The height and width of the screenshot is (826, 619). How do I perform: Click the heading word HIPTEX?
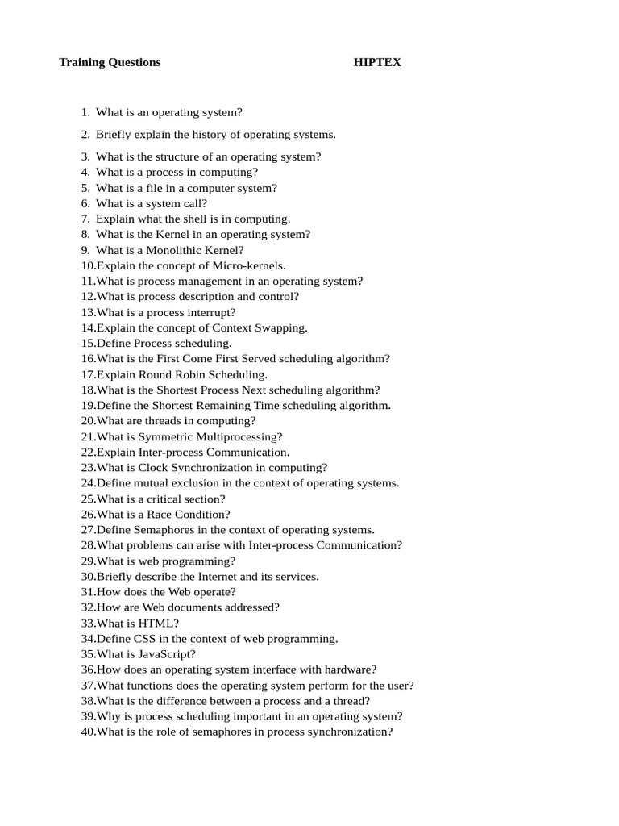point(377,62)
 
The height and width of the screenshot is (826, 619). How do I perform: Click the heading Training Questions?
point(110,62)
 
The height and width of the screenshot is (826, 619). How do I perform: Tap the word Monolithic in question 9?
point(172,250)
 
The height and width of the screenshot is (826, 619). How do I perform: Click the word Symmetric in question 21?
point(161,436)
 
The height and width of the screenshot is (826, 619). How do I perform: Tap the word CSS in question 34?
point(145,639)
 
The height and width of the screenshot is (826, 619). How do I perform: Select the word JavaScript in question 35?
point(164,654)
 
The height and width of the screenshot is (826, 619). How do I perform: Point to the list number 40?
point(88,732)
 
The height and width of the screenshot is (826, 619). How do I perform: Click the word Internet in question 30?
point(218,577)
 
